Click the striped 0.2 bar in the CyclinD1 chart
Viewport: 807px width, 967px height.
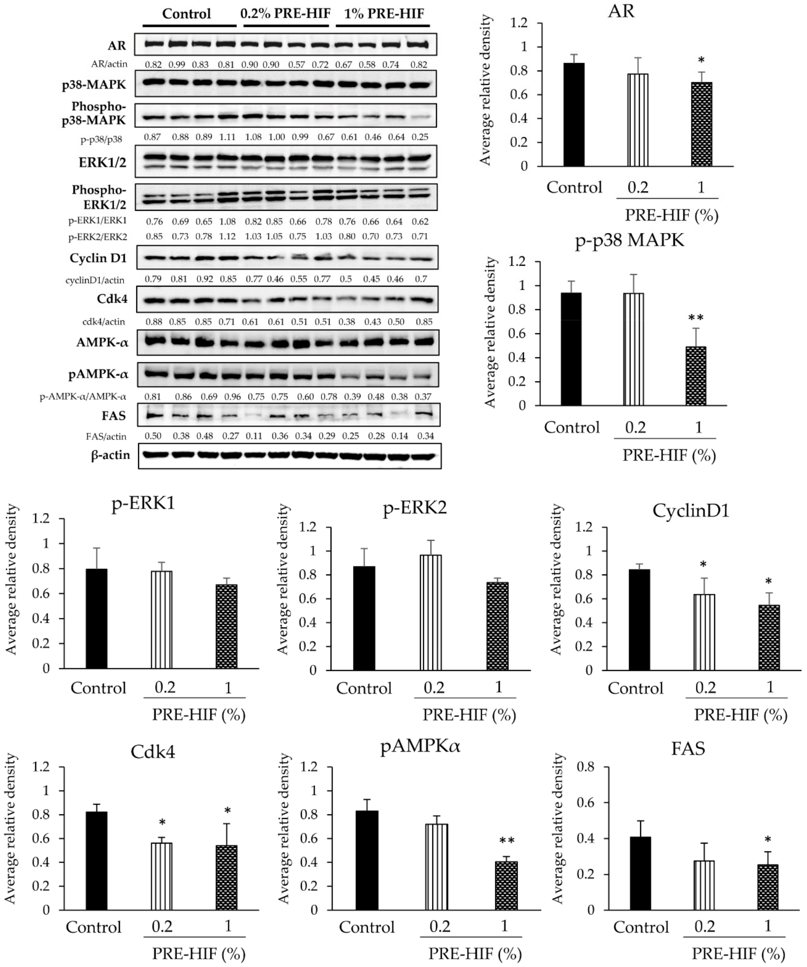pos(704,632)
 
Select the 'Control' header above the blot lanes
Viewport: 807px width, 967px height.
pos(186,14)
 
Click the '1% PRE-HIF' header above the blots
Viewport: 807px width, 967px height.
pos(384,14)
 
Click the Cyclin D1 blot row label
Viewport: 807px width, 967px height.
pos(98,258)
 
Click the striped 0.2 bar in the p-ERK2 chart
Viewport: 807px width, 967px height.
pos(430,612)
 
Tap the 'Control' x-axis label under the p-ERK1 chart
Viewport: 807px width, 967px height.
pos(98,688)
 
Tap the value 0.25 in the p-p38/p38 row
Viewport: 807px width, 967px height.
pos(420,137)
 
